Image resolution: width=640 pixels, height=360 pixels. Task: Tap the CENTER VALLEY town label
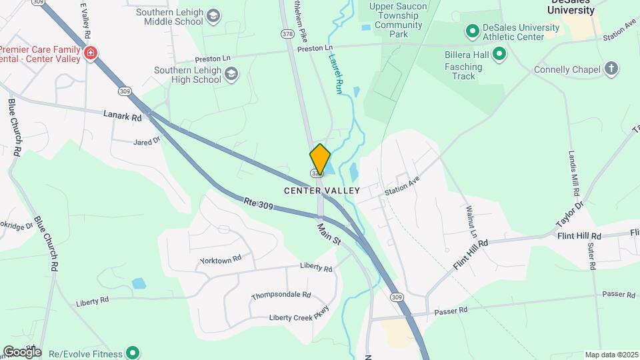tap(322, 191)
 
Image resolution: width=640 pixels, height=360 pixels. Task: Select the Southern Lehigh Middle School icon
tap(213, 16)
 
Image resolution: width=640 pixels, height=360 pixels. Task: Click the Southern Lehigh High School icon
tap(231, 74)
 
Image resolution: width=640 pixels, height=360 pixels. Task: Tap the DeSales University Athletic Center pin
tap(472, 31)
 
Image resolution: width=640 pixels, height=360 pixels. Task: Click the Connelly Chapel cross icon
tap(611, 69)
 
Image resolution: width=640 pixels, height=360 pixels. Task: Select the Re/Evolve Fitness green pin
tap(133, 353)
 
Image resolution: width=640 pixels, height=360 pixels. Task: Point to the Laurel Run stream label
tap(335, 73)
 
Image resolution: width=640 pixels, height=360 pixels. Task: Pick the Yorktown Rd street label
tap(220, 260)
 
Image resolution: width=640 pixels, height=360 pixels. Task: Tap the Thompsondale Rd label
tap(281, 295)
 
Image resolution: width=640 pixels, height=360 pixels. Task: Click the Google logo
tap(21, 351)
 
